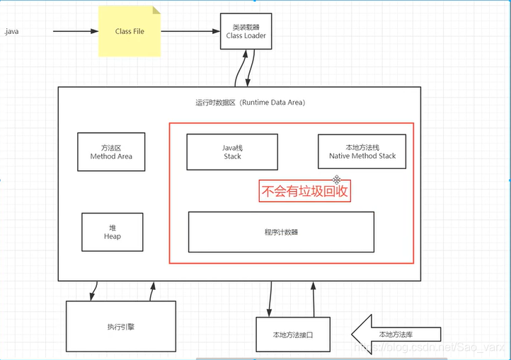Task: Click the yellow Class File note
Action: (130, 32)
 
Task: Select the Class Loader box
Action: (245, 31)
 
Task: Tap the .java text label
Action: (12, 32)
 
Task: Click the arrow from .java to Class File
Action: (74, 31)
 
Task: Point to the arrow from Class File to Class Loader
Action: (190, 31)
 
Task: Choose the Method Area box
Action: (111, 151)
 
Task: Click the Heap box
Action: (112, 231)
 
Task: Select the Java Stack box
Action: (232, 151)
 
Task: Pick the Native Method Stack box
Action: (362, 151)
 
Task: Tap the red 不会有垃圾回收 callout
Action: (305, 191)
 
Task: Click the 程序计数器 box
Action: (281, 232)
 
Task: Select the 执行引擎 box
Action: (121, 327)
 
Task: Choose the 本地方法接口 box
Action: (292, 335)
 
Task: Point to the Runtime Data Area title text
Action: (250, 103)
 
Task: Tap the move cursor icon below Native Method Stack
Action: (338, 180)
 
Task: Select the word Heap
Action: (112, 236)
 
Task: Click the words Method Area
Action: (111, 156)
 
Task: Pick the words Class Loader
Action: (245, 35)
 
